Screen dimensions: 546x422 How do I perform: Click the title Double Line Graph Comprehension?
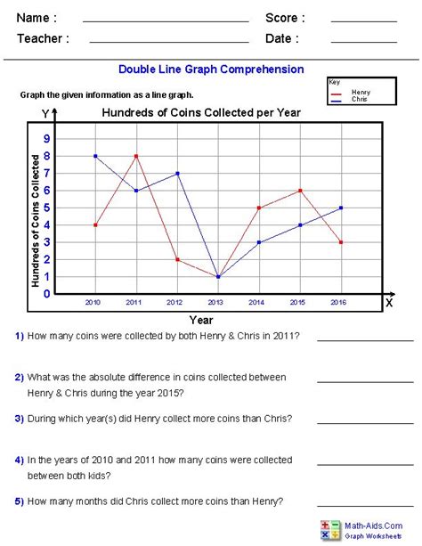(211, 69)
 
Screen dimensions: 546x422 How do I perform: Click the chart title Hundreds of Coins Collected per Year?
(201, 113)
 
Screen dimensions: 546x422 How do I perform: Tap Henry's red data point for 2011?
(136, 156)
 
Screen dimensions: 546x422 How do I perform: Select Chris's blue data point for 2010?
(95, 156)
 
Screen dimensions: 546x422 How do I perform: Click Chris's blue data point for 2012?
(177, 173)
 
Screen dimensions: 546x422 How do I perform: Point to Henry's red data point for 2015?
(300, 191)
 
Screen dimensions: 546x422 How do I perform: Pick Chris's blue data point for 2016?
(341, 208)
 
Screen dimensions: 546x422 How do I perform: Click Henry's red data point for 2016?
(341, 242)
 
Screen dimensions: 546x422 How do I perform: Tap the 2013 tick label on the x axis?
(217, 303)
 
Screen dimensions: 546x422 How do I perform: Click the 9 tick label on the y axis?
(47, 139)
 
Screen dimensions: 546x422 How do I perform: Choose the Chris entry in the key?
(358, 99)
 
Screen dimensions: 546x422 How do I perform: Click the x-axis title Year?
(201, 319)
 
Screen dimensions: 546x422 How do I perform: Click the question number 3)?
(19, 418)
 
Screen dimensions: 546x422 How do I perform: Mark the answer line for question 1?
(365, 340)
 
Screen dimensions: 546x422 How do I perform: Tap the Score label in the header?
(285, 18)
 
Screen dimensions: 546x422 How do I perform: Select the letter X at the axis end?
(388, 303)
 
